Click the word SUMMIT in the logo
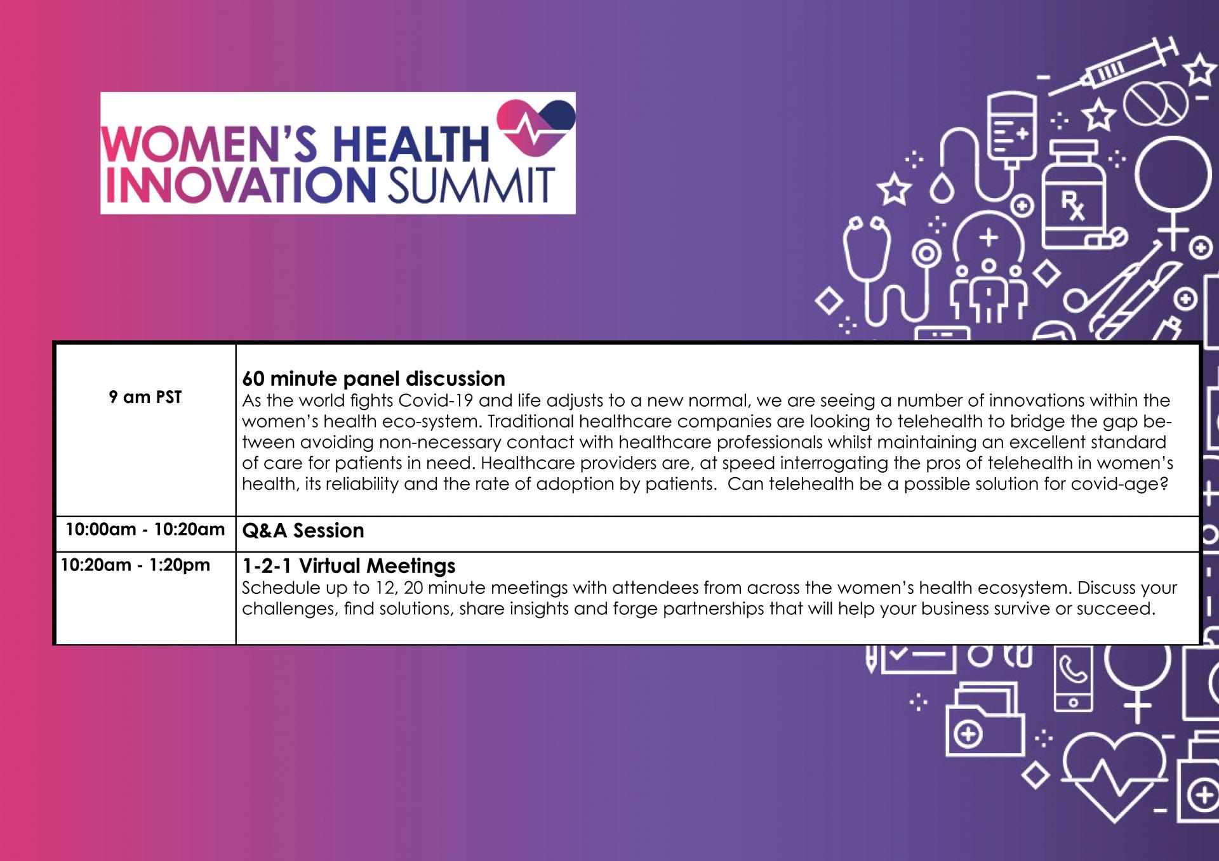[471, 185]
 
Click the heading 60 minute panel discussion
[373, 379]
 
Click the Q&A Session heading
[303, 530]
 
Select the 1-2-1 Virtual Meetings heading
[349, 566]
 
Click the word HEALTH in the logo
[411, 143]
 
